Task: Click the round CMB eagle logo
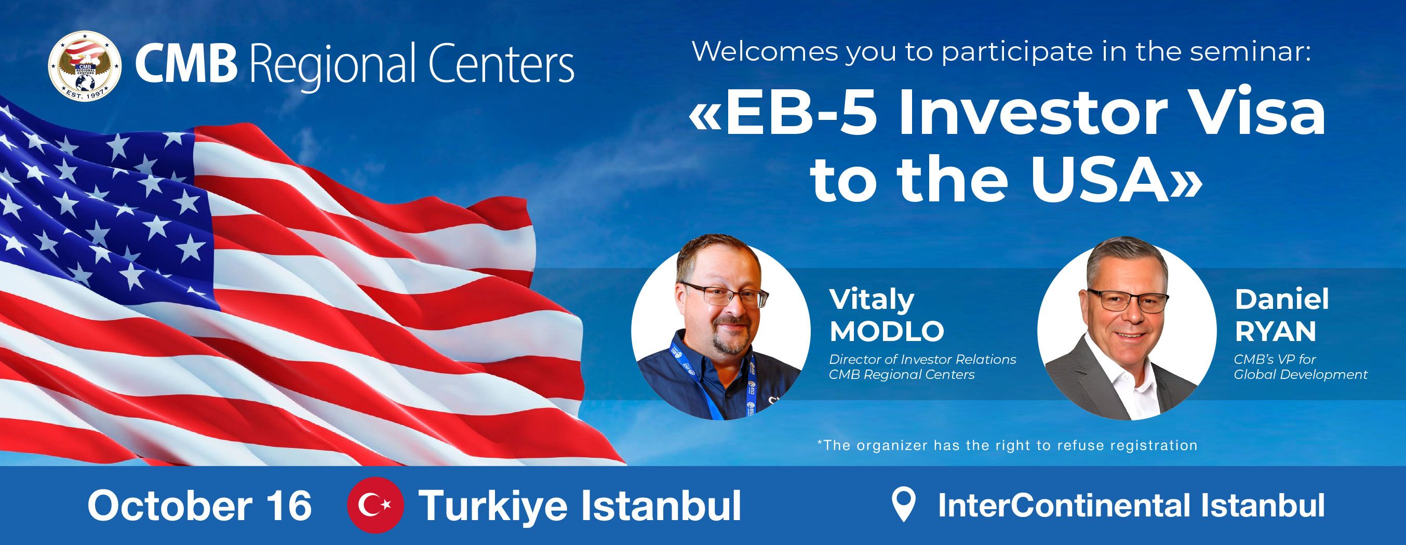[85, 65]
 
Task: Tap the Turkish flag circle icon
[376, 505]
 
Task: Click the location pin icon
[903, 505]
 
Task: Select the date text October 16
[199, 505]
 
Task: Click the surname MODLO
[887, 331]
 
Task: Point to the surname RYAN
[1276, 331]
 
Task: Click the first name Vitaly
[872, 300]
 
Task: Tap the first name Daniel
[1281, 299]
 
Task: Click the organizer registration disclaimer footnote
[1007, 445]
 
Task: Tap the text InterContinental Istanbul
[1131, 505]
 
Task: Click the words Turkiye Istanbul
[580, 506]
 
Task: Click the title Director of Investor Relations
[922, 360]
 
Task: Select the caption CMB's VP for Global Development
[1300, 367]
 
